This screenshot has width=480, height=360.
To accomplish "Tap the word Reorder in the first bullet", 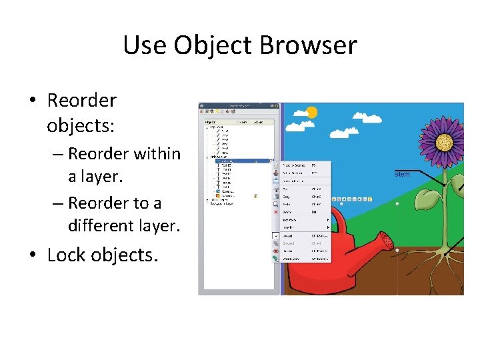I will pyautogui.click(x=81, y=101).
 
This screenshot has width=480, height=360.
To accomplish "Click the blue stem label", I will pyautogui.click(x=402, y=175).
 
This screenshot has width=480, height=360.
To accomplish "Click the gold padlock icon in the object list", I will pyautogui.click(x=255, y=195).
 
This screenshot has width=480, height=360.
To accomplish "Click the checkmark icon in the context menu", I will pyautogui.click(x=275, y=235).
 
